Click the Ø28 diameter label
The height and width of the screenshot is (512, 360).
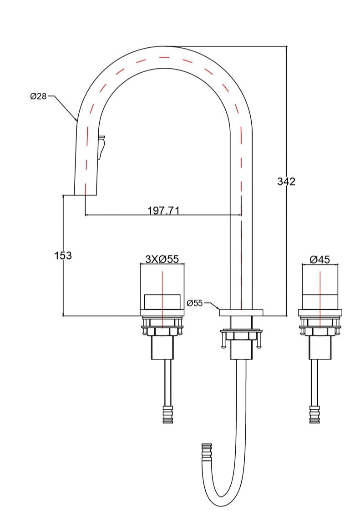click(38, 96)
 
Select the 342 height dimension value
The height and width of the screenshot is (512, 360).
click(286, 181)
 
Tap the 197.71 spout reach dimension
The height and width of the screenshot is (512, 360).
click(164, 210)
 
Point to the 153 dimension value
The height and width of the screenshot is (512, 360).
click(63, 256)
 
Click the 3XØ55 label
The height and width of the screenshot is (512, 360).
click(162, 259)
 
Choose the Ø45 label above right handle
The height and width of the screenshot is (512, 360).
click(319, 259)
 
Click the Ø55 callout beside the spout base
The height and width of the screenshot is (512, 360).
click(195, 303)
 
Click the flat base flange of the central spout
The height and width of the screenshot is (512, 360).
click(241, 312)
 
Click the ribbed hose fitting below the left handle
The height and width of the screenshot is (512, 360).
click(168, 414)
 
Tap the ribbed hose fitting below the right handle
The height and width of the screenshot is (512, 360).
click(314, 414)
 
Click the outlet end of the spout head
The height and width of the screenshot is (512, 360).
click(85, 194)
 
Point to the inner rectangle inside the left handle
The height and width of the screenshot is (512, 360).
click(162, 301)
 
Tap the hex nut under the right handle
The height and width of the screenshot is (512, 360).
click(319, 333)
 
